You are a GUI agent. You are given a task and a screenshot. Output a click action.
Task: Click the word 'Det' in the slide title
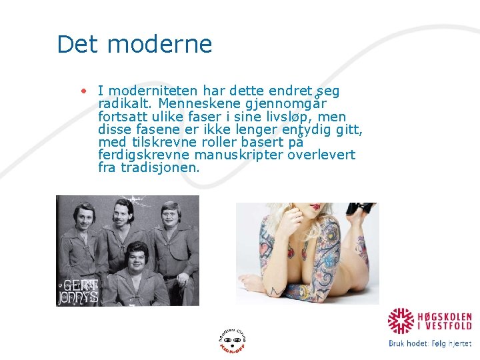tap(77, 45)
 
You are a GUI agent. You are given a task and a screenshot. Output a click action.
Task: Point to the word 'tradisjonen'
tap(159, 168)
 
